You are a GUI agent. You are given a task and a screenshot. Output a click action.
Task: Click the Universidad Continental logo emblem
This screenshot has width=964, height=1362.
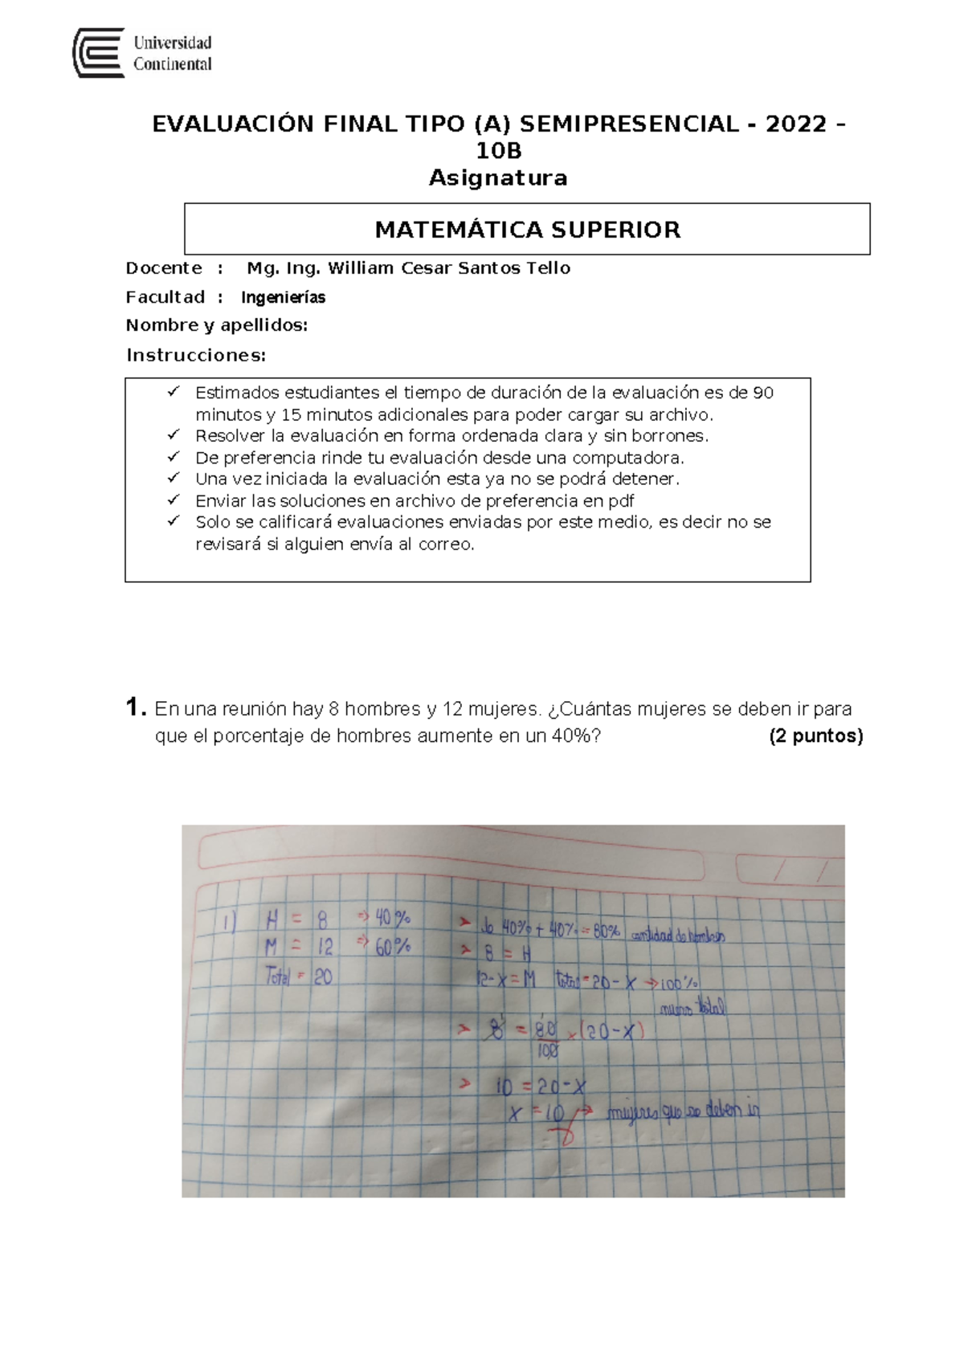[x=98, y=53]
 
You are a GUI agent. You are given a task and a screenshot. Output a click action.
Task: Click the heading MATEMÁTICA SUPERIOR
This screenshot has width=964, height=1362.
[x=527, y=230]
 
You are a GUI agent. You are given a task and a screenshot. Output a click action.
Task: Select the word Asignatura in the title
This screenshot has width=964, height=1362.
[x=498, y=177]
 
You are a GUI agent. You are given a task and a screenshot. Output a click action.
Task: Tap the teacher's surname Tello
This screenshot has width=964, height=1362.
[x=548, y=268]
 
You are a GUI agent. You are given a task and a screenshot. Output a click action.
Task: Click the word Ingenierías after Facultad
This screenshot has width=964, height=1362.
[x=283, y=298]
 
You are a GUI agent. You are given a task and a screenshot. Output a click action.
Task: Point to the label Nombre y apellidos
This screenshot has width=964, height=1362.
[x=216, y=325]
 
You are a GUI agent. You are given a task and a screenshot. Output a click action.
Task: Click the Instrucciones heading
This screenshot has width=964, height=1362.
[x=195, y=355]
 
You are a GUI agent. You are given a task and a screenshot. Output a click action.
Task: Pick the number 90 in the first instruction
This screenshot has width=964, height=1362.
[x=762, y=394]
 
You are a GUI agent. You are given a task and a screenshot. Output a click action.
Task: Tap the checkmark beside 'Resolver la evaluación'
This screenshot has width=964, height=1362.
[x=173, y=434]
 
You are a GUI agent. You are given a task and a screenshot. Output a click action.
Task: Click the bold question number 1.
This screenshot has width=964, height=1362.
[x=136, y=708]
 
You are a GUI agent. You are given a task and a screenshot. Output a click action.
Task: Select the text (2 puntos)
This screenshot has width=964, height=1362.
[x=815, y=736]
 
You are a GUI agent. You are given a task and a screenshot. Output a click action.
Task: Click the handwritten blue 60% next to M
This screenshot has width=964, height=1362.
[x=392, y=947]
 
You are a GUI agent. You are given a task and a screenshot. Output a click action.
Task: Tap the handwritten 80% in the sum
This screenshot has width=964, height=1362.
[x=607, y=931]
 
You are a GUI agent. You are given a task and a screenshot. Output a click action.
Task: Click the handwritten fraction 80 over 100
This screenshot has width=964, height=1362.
[x=546, y=1039]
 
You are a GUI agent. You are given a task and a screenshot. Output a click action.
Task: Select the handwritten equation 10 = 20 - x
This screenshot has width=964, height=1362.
[x=541, y=1087]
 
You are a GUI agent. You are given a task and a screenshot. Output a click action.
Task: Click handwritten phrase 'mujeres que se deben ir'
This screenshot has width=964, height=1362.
[x=682, y=1112]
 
